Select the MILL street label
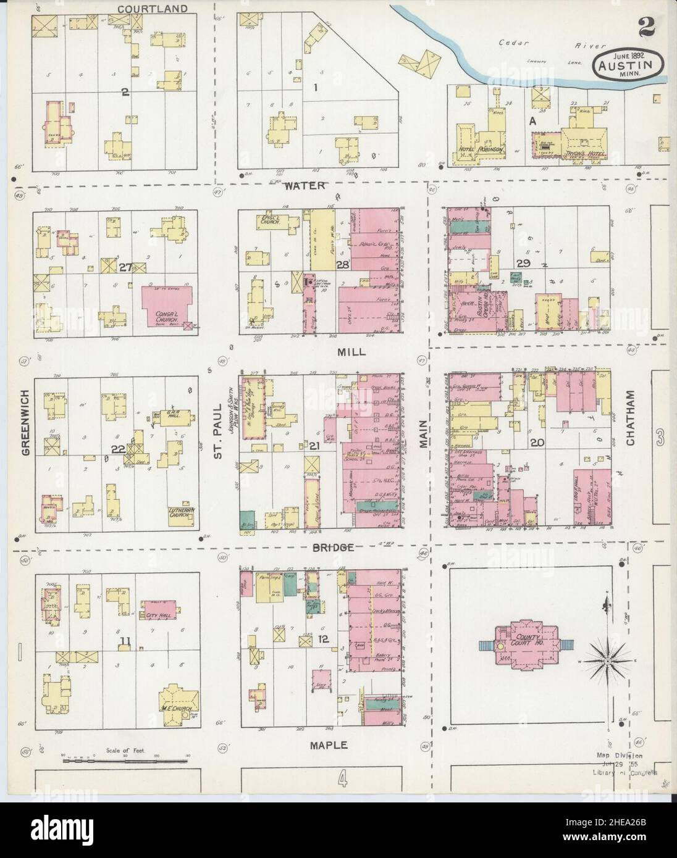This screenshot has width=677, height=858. point(351,352)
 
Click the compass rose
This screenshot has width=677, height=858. point(608,660)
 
